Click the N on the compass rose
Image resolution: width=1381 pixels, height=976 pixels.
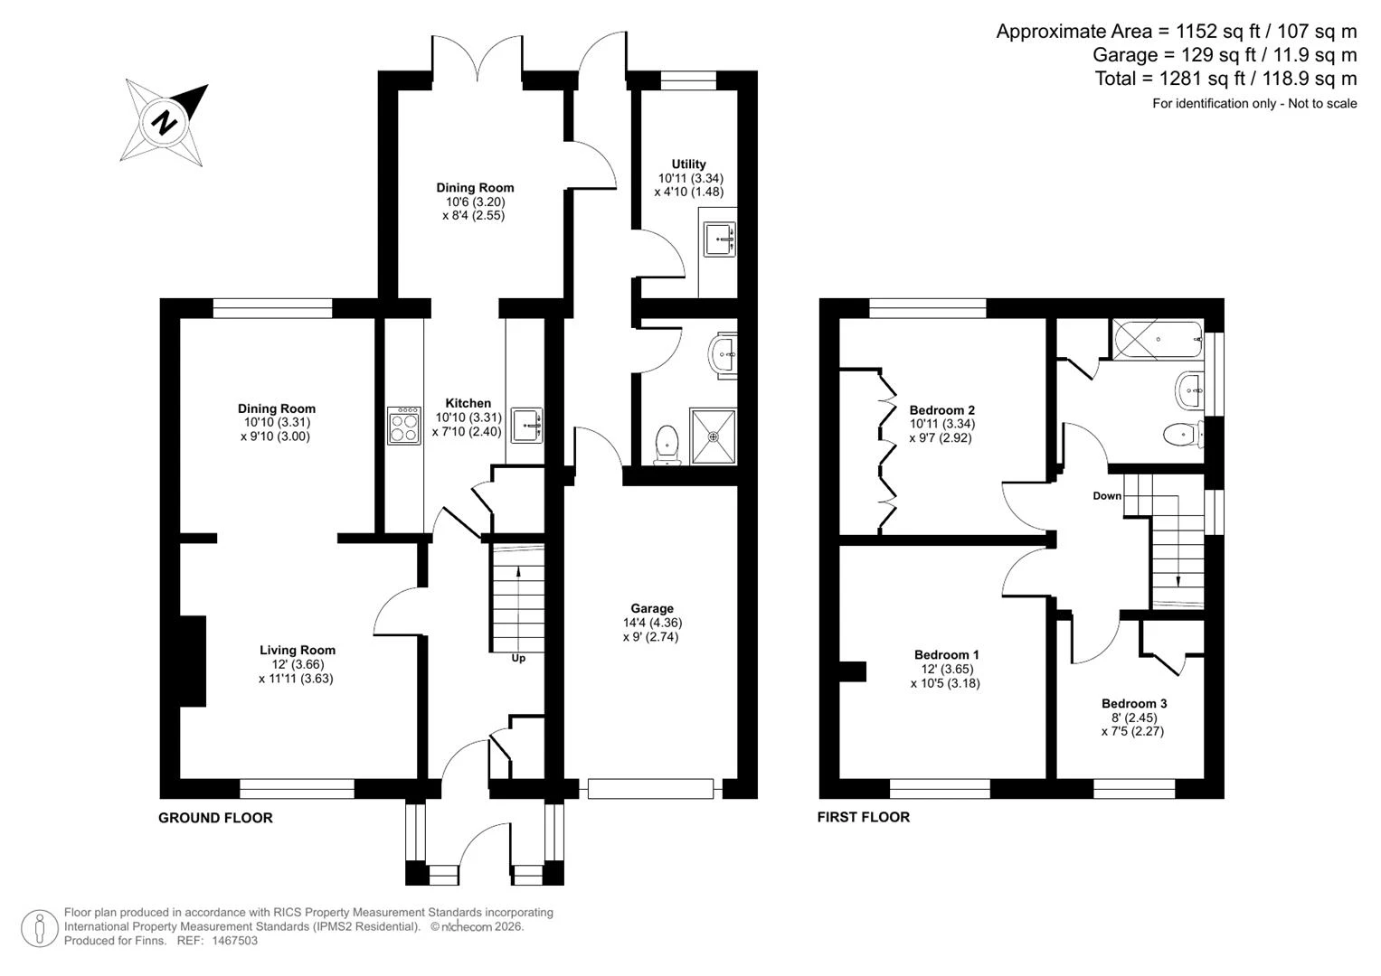[x=164, y=123]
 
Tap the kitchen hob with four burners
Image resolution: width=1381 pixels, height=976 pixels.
[x=404, y=425]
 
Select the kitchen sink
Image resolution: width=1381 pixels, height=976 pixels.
[x=526, y=425]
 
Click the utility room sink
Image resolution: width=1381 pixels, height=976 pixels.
[x=720, y=239]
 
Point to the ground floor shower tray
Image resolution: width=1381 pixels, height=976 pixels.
[x=713, y=436]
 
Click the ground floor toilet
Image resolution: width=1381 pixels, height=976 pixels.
[x=667, y=445]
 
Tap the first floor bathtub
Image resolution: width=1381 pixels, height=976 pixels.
[x=1158, y=339]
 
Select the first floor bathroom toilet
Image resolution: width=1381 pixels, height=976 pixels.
[x=1183, y=435]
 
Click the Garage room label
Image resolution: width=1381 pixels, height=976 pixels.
[x=652, y=608]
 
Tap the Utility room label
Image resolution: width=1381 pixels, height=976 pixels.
[x=688, y=164]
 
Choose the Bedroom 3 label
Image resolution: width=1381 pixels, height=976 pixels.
[x=1134, y=703]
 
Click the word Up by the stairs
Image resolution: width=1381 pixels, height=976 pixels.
[x=518, y=658]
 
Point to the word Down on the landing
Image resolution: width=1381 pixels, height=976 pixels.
[x=1107, y=495]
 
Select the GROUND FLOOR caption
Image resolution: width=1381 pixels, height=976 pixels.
[x=215, y=818]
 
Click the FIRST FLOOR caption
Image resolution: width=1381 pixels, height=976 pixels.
[x=863, y=817]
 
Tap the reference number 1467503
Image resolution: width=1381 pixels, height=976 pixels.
[x=234, y=941]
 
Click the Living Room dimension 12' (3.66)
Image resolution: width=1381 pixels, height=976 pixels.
[x=298, y=664]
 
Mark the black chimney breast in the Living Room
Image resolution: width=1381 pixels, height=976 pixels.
[x=193, y=661]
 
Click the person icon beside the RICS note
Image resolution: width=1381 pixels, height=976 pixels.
[x=40, y=929]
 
